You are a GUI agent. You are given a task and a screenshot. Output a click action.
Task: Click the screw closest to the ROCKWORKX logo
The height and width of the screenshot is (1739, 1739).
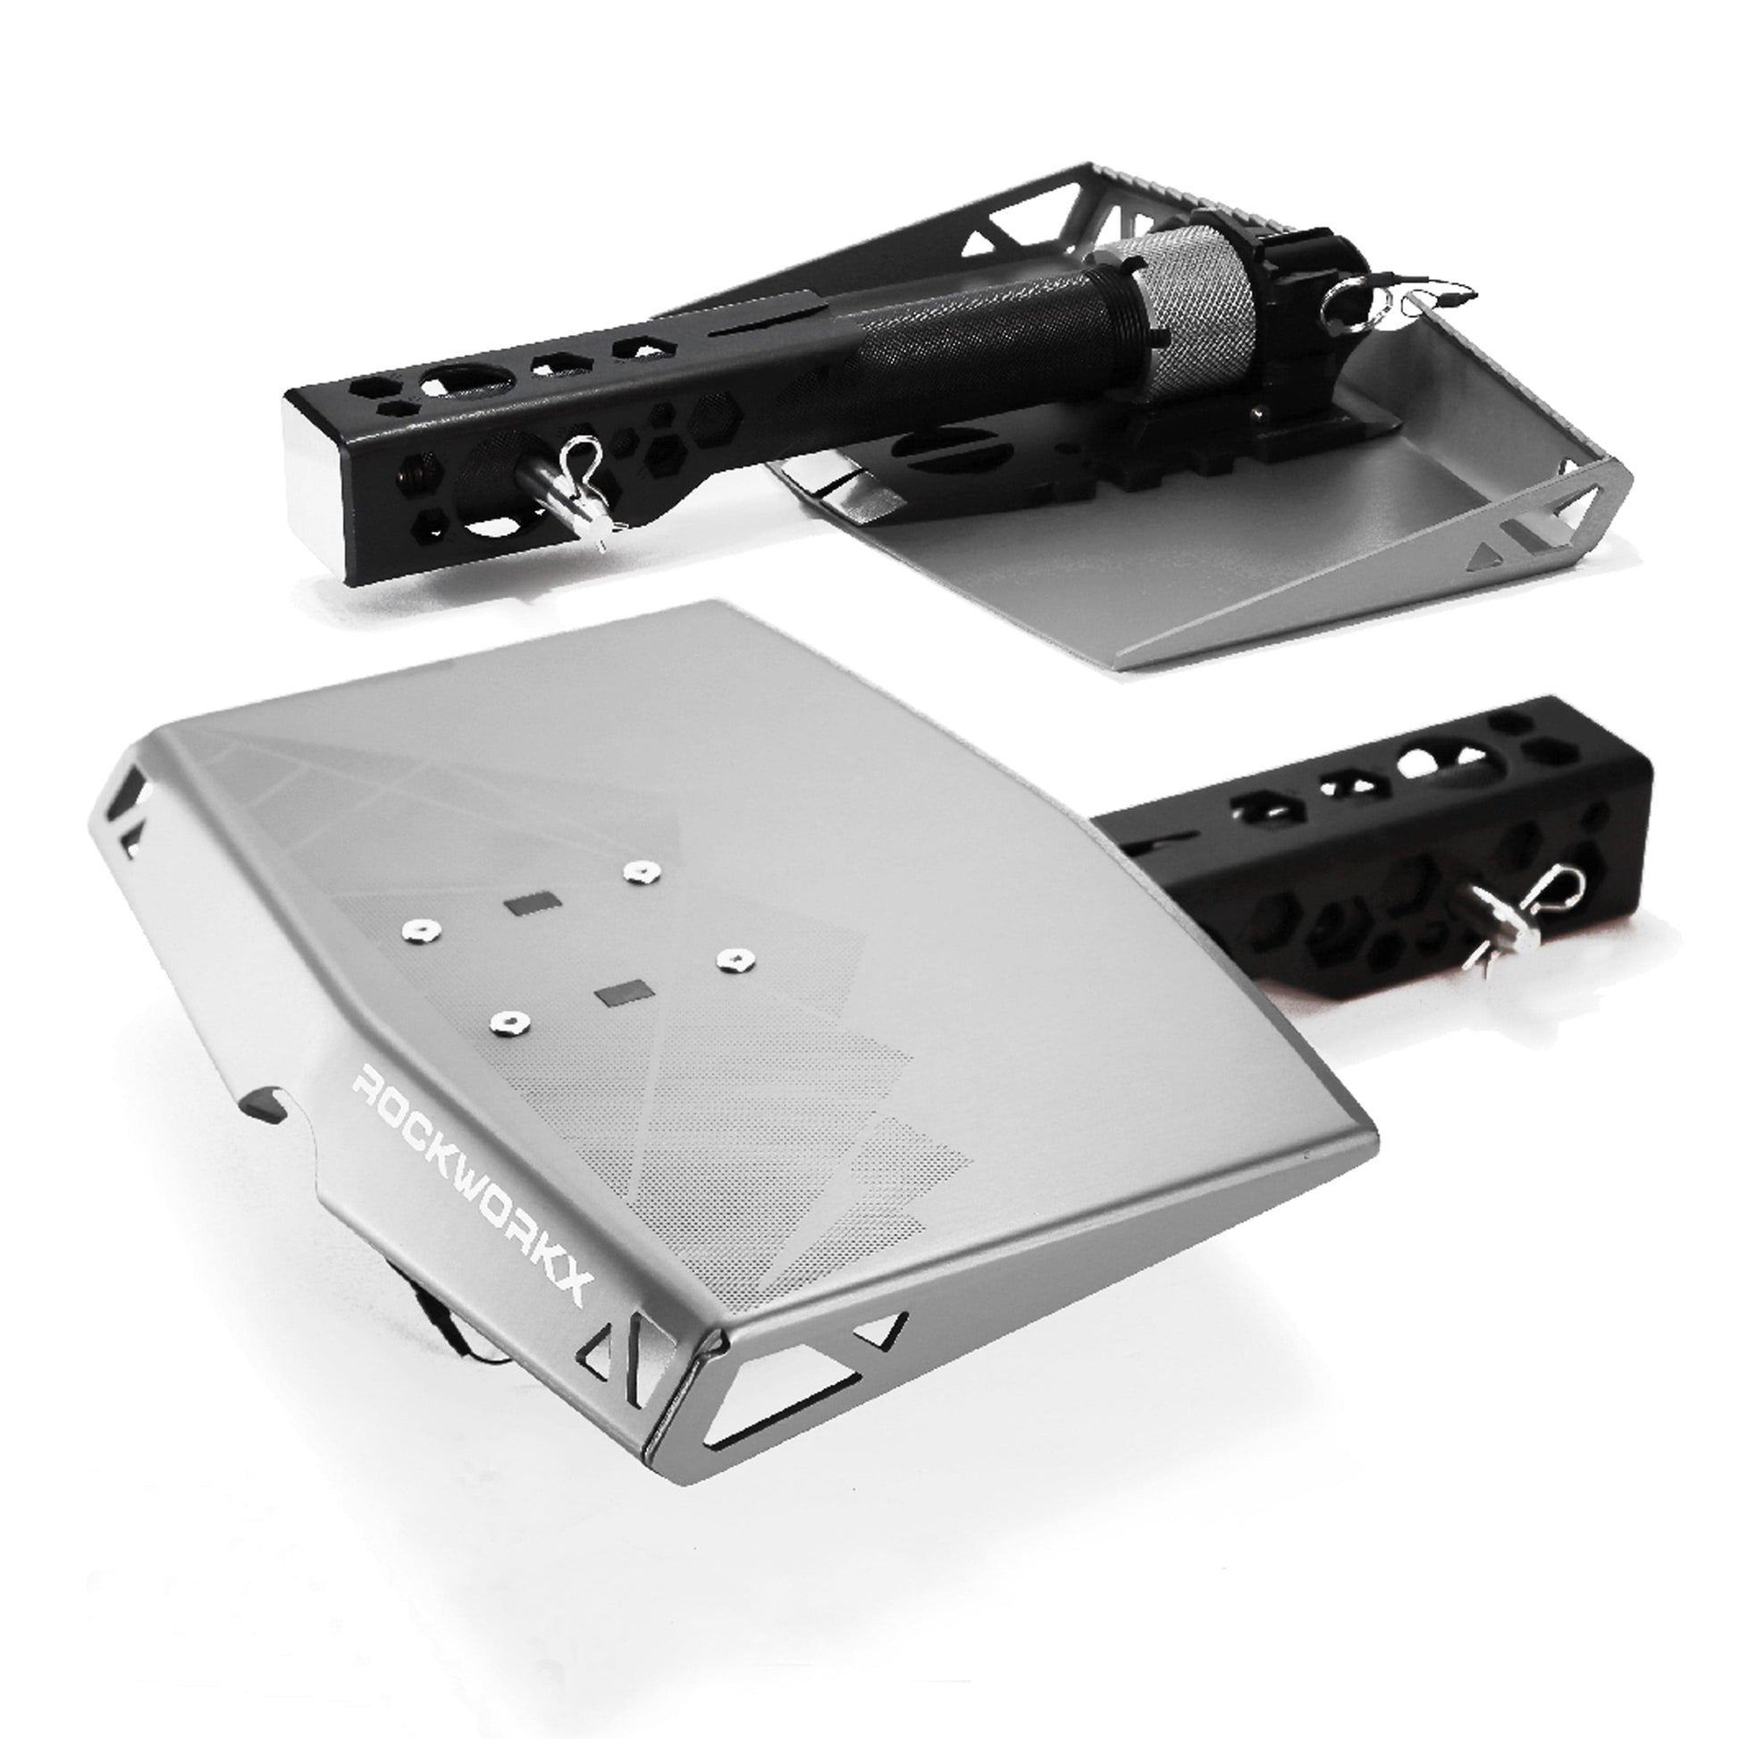(509, 1021)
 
